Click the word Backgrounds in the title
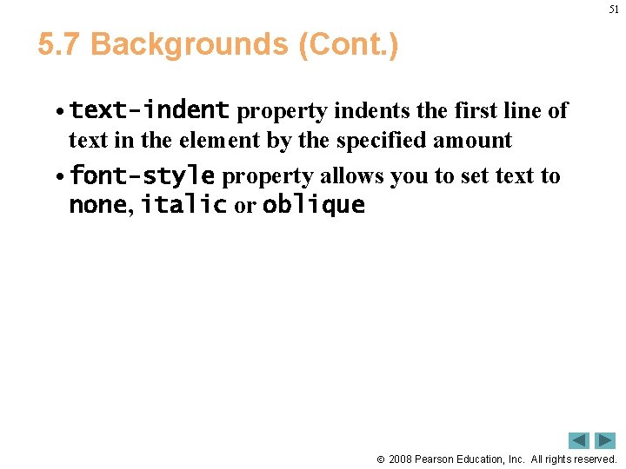pos(190,44)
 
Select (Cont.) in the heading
pos(349,44)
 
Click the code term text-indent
pos(149,111)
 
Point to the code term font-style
pos(142,176)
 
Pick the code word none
pos(97,206)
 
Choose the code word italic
pos(183,206)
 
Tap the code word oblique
pos(313,206)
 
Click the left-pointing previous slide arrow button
pos(579,440)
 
